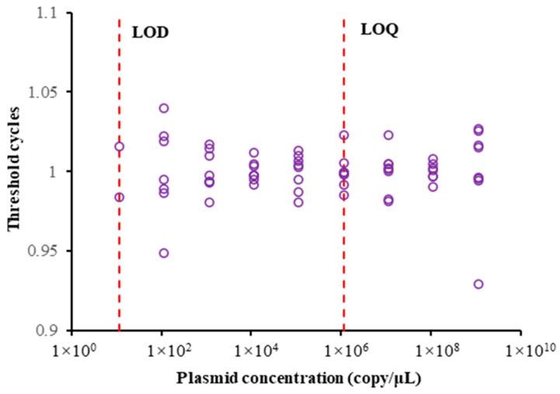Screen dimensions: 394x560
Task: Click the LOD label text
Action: coord(151,33)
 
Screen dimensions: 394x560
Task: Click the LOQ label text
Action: coord(380,30)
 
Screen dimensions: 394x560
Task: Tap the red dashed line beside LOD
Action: coord(119,233)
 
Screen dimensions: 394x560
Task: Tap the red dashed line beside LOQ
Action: coord(343,233)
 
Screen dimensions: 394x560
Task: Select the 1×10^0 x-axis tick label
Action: coord(74,350)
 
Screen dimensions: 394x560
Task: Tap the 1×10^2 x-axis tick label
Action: coord(163,350)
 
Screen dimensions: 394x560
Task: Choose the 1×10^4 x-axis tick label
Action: coord(253,350)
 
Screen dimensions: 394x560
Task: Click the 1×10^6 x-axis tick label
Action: coord(343,350)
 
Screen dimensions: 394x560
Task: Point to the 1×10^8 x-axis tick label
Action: coord(433,350)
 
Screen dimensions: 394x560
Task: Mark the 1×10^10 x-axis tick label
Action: coord(524,350)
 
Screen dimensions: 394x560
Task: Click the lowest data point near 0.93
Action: coord(478,284)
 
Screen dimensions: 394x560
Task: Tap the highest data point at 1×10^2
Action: coord(164,108)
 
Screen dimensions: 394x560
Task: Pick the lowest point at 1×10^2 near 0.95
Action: coord(164,253)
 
